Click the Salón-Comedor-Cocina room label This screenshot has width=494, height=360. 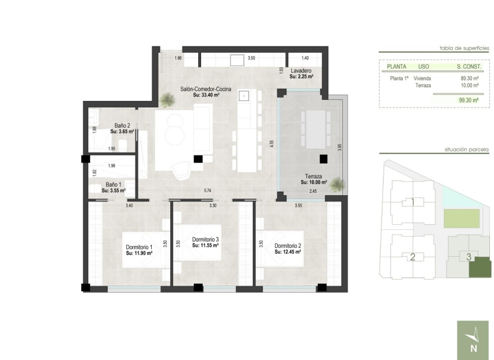coord(206,89)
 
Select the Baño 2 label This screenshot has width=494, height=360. coord(121,125)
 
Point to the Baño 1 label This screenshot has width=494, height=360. coord(113,184)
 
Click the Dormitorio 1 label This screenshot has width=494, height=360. coord(139,248)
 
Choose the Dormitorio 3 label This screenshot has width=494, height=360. coord(205,240)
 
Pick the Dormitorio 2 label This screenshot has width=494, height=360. coord(287,246)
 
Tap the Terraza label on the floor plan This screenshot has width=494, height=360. coord(314,176)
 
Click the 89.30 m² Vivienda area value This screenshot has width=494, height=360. coord(469,78)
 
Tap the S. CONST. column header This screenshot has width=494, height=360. coord(469,67)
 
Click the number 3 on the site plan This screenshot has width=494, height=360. coord(468,256)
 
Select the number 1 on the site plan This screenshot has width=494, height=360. coord(412,203)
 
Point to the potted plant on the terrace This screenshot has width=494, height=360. coord(337,185)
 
